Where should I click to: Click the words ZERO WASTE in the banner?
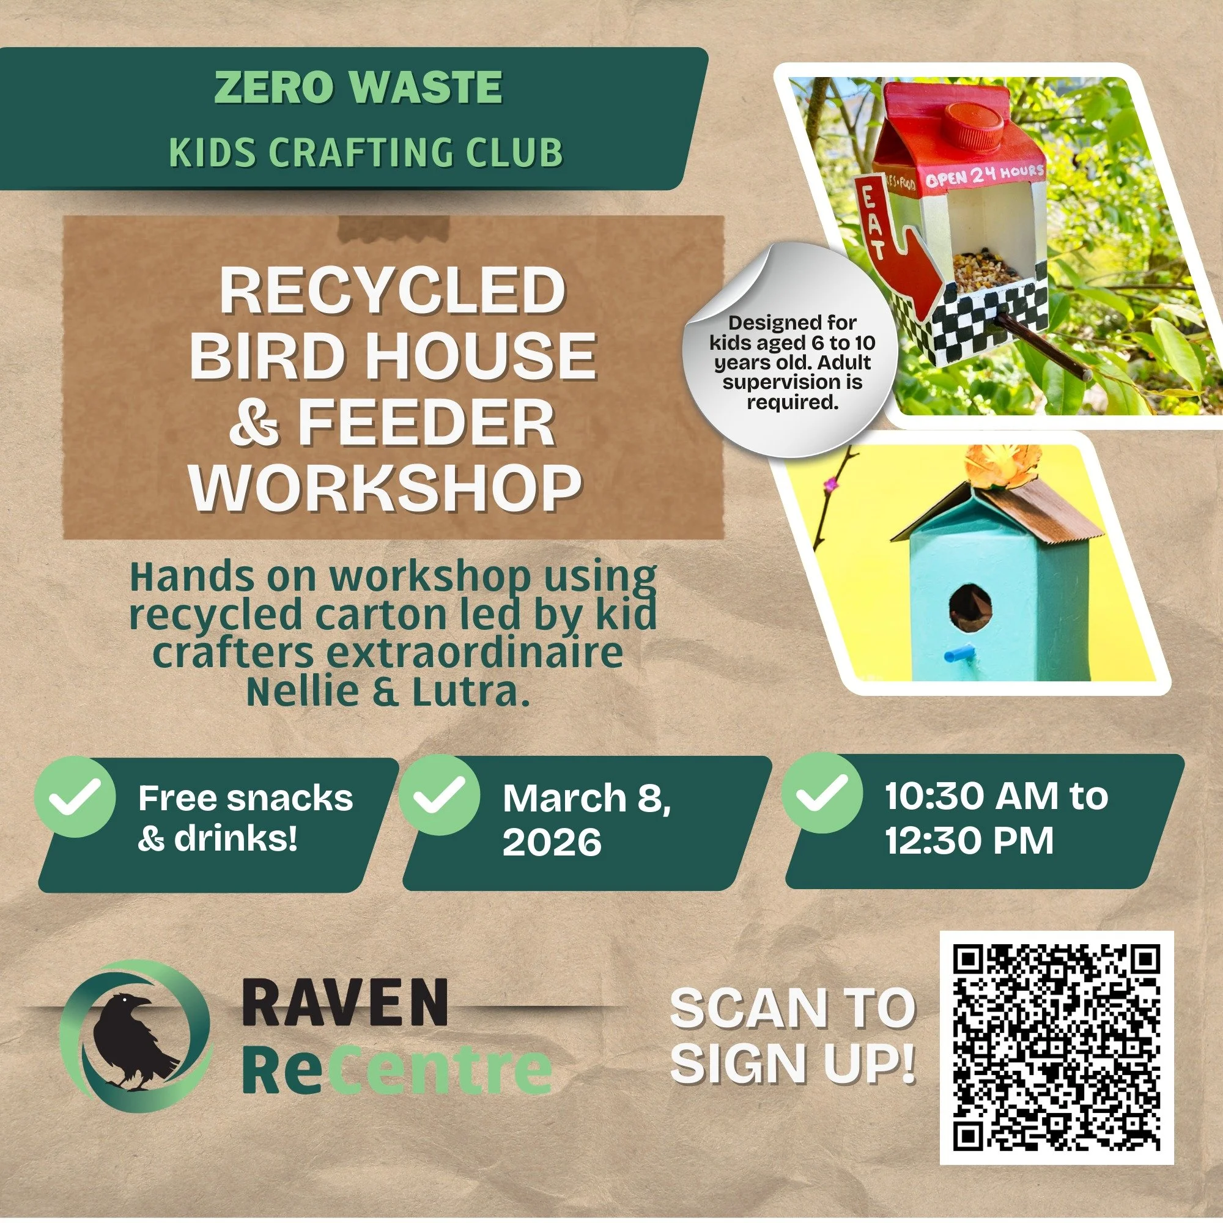(358, 87)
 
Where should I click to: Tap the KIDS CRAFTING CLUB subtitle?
(366, 152)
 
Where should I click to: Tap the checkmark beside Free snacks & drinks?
(75, 796)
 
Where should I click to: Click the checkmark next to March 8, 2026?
(439, 796)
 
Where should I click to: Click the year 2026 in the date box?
(552, 843)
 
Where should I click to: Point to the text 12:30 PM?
(969, 841)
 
